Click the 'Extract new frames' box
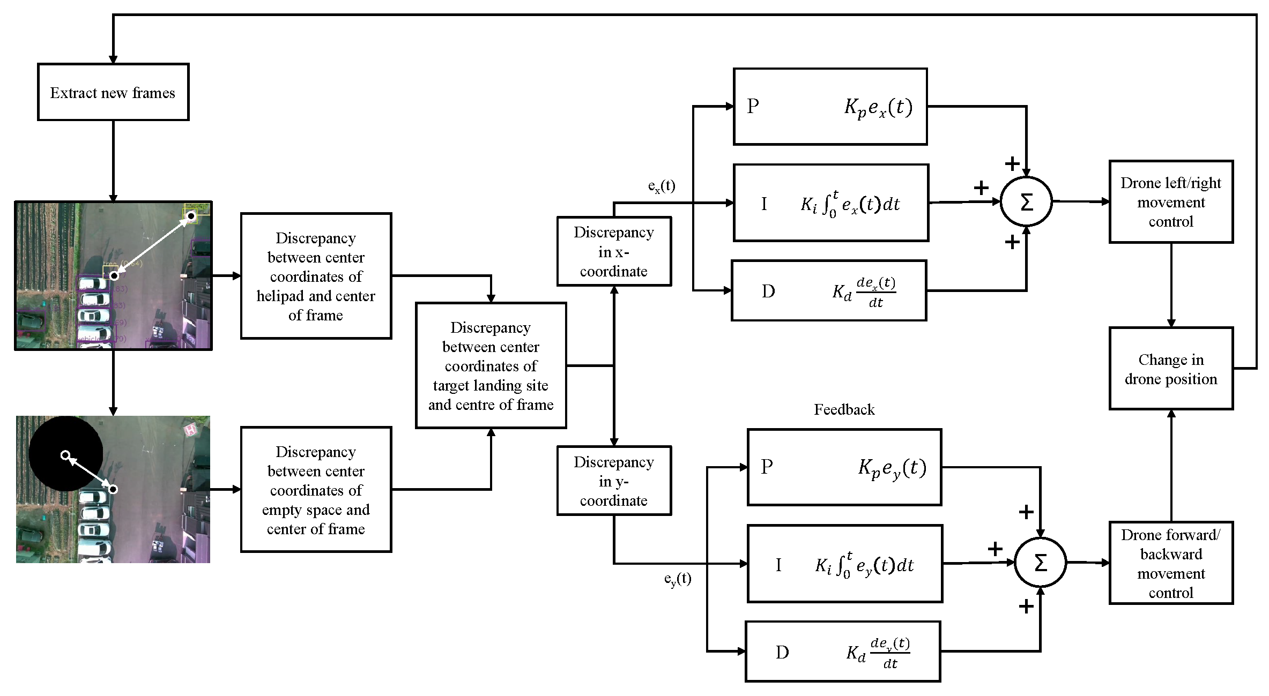[x=113, y=92]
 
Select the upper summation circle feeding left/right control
[x=1026, y=202]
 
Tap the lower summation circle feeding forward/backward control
[x=1040, y=563]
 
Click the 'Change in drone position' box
[x=1170, y=369]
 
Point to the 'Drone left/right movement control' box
[x=1170, y=202]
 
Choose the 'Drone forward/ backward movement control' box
[x=1170, y=563]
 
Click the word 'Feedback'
[x=844, y=410]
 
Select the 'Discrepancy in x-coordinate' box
[x=614, y=251]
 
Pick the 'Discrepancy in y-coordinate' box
[x=614, y=481]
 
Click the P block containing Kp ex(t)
[x=830, y=107]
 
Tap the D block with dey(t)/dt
[x=842, y=652]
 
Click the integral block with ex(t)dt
[x=830, y=203]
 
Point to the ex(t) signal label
[x=662, y=186]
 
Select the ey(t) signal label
[x=678, y=579]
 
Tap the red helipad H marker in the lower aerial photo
[x=190, y=430]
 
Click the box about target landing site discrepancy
[x=491, y=365]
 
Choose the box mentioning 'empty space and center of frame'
[x=316, y=489]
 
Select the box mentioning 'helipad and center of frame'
[x=316, y=276]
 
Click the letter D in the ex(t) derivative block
[x=768, y=291]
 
